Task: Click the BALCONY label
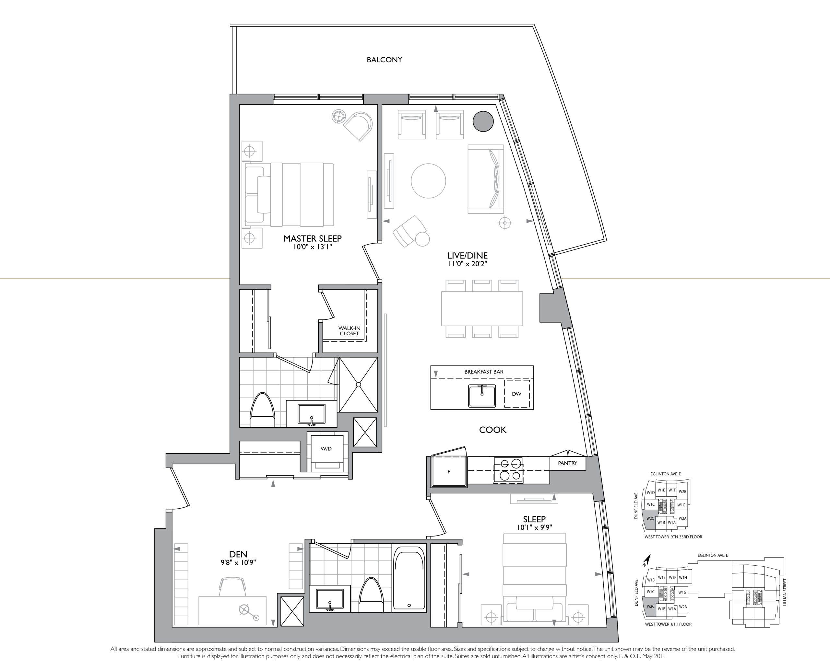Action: (x=384, y=60)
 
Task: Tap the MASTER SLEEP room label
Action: (x=313, y=238)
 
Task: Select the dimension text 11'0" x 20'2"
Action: (x=467, y=264)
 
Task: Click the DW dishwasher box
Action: (x=516, y=394)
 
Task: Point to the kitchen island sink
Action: (x=482, y=396)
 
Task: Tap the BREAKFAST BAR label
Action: (x=483, y=372)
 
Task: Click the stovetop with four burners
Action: (x=508, y=470)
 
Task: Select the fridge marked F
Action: (x=449, y=471)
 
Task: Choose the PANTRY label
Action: (x=567, y=463)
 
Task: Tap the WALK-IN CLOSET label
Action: (x=349, y=331)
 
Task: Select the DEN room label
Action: (x=238, y=554)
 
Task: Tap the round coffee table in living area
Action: (x=428, y=181)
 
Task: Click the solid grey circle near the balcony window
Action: (x=483, y=121)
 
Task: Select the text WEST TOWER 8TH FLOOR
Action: (x=668, y=624)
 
